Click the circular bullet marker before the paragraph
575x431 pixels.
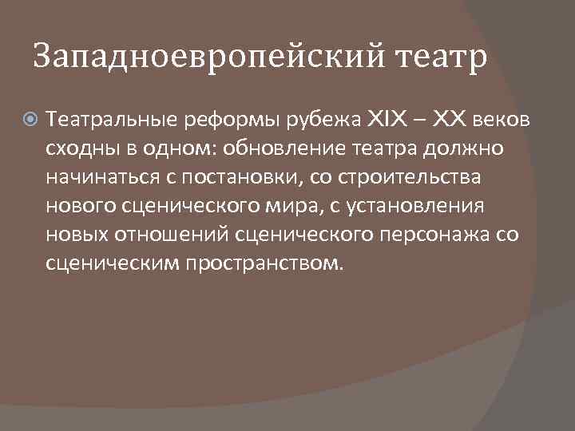coord(31,121)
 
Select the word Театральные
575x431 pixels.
coord(112,121)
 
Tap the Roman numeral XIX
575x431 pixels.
coord(387,120)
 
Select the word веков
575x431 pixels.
coord(501,121)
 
